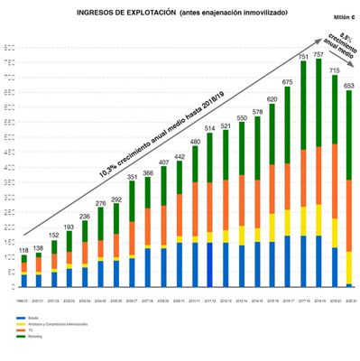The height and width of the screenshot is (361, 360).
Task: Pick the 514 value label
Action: (x=209, y=129)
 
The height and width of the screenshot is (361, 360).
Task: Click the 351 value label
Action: (x=131, y=178)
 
